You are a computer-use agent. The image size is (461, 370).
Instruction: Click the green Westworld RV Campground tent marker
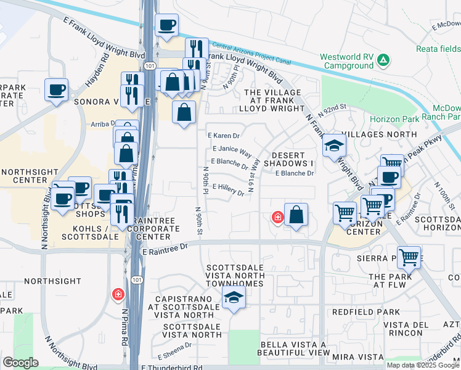pos(383,60)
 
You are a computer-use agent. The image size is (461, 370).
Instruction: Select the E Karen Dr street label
pos(223,135)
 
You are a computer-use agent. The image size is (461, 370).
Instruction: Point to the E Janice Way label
pos(232,150)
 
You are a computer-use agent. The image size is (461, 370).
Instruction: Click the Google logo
pos(20,362)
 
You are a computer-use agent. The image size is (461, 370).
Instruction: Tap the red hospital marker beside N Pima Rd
pos(117,295)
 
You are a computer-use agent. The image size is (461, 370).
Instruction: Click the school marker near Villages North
pos(334,146)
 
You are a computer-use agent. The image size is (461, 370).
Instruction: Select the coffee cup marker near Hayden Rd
pos(56,91)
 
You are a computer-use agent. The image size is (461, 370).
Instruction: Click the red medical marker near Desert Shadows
pos(278,217)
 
